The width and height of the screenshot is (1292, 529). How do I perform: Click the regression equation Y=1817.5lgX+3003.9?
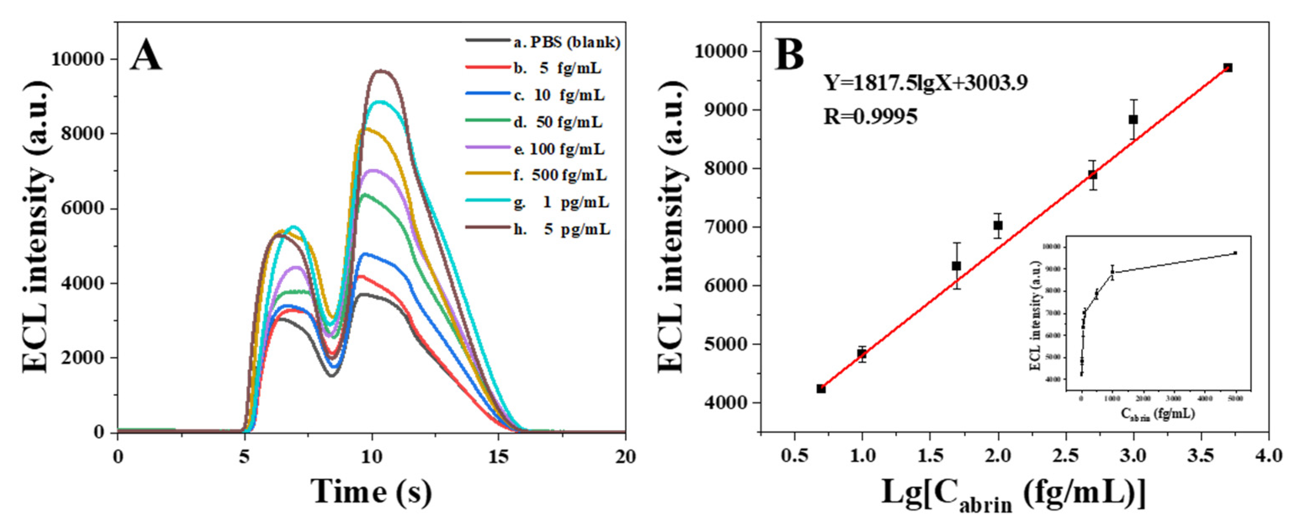click(926, 82)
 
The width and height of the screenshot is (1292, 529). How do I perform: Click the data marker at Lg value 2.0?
click(998, 225)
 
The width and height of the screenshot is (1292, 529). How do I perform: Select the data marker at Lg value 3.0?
click(1133, 120)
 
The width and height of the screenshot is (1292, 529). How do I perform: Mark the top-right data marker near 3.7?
click(1227, 68)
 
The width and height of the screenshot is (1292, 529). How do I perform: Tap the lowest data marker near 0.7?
click(821, 388)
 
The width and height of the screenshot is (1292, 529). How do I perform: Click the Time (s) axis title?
click(371, 492)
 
